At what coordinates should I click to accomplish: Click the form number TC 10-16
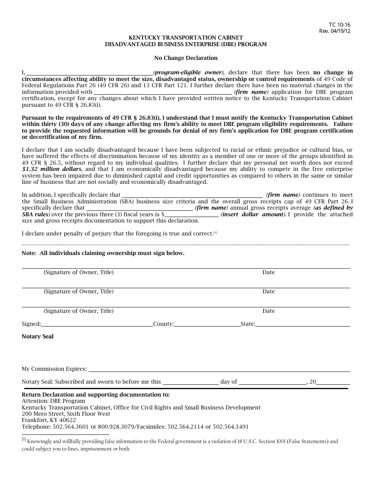[x=340, y=25]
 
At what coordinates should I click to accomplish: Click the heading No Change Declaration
[x=186, y=58]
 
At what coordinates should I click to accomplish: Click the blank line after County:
[x=207, y=324]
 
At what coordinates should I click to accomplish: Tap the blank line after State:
[x=302, y=324]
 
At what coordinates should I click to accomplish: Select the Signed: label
[x=31, y=324]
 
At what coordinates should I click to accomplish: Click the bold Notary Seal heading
[x=38, y=336]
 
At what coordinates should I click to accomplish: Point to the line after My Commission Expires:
[x=219, y=369]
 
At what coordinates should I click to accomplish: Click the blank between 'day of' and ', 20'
[x=273, y=382]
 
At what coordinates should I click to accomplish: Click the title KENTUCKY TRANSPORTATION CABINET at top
[x=186, y=38]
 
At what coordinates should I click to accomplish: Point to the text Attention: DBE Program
[x=53, y=401]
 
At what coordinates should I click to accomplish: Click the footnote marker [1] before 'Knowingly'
[x=24, y=440]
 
